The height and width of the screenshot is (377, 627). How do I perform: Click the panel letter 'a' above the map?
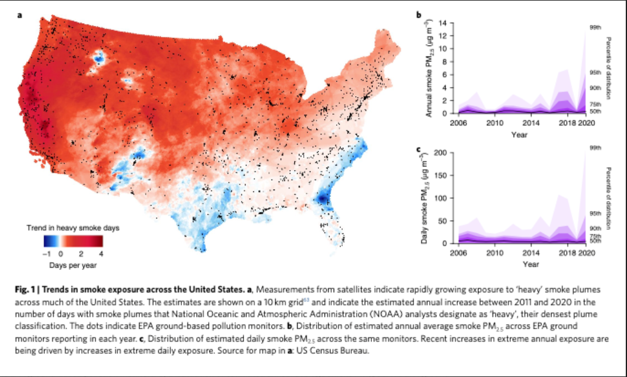19,16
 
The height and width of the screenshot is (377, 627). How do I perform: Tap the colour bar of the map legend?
73,241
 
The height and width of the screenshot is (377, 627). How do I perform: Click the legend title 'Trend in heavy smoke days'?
73,228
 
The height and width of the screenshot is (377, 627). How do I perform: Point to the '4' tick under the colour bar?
101,254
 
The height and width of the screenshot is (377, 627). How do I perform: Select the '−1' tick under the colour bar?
47,254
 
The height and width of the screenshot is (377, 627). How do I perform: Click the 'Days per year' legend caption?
73,265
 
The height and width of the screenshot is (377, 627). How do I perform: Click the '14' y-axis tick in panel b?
443,22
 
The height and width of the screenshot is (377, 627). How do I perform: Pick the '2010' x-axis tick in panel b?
494,123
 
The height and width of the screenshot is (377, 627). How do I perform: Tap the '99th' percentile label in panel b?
595,27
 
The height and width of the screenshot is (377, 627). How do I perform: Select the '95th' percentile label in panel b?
595,73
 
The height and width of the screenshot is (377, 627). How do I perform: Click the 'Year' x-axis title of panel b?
519,134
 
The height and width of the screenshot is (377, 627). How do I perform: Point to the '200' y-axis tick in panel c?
441,153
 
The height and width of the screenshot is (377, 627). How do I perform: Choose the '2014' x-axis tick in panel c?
531,253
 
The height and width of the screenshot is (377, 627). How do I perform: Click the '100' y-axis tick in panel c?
441,198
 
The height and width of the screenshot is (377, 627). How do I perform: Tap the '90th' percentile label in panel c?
595,229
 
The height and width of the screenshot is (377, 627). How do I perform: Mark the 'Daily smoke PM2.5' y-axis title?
425,198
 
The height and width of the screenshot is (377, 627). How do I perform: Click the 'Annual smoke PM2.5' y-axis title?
429,68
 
